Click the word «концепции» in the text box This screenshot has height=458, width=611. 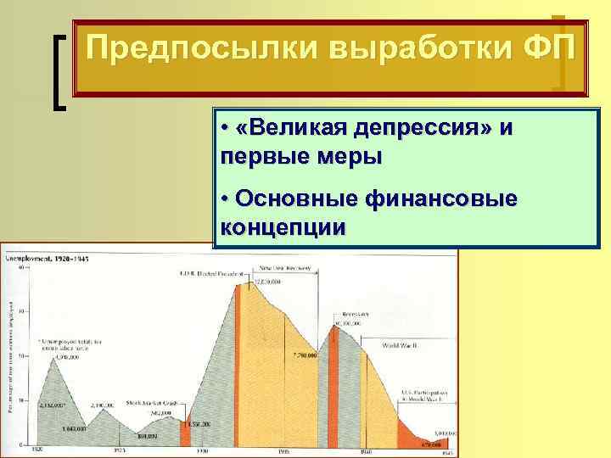[283, 226]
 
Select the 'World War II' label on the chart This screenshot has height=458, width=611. [400, 345]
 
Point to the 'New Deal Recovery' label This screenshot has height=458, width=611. [283, 268]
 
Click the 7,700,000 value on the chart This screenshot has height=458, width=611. [303, 354]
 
